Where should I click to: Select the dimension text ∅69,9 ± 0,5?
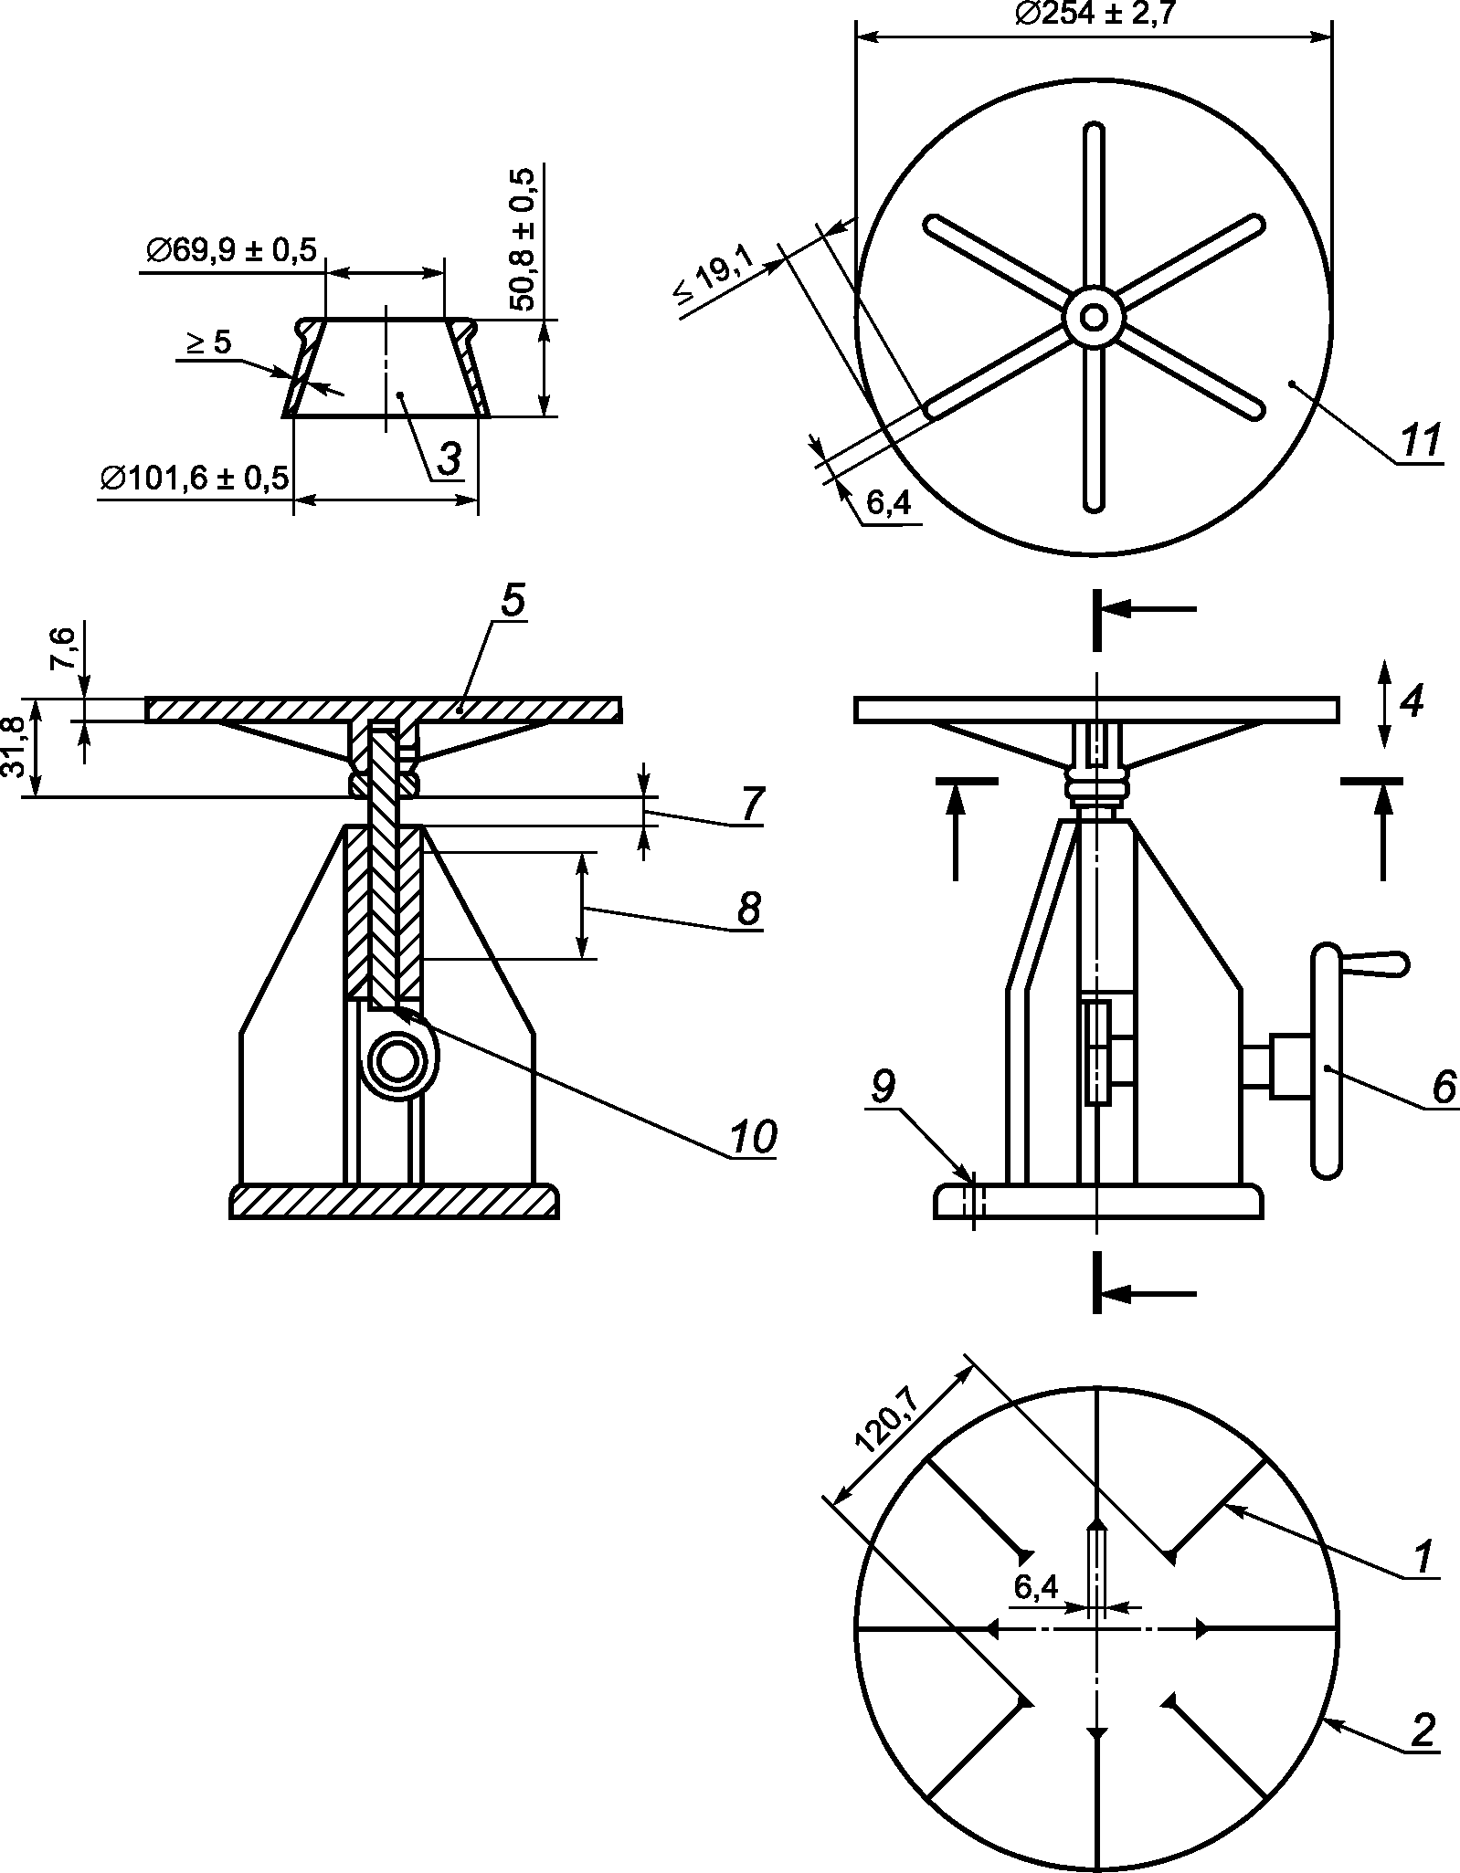tap(230, 249)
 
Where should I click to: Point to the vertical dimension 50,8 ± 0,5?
tap(524, 239)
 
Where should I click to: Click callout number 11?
tap(1420, 441)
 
